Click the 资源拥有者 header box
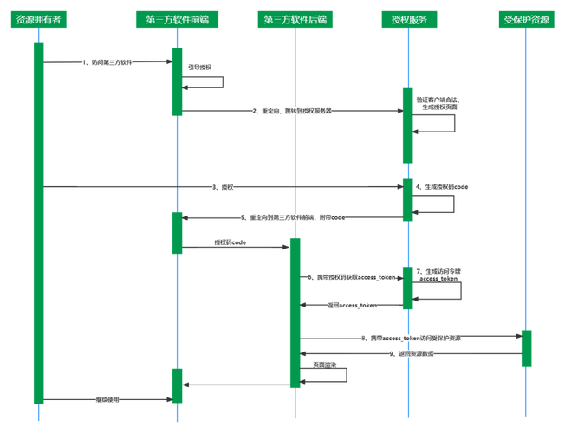38,19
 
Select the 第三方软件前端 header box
177,19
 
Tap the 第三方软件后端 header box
295,19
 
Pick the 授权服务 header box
408,19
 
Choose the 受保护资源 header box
526,19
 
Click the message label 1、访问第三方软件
107,62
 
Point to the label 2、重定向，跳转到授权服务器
292,111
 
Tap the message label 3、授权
223,186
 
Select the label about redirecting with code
293,217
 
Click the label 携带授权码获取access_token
351,277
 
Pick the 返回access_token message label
352,305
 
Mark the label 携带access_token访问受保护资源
411,338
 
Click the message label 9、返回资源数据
411,353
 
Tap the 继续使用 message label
107,399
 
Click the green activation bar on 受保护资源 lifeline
526,348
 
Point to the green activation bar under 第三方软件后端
295,313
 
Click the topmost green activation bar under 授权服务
408,125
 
